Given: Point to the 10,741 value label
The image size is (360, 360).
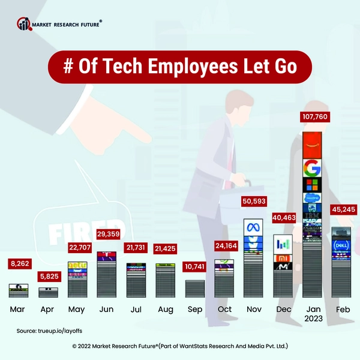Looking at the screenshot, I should [x=194, y=265].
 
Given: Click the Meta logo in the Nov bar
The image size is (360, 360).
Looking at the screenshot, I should [x=253, y=228].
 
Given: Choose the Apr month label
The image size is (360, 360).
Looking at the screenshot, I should [x=48, y=310].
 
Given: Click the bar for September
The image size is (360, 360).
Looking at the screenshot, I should [x=194, y=289].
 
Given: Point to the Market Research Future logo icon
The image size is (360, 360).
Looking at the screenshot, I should [x=24, y=24].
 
